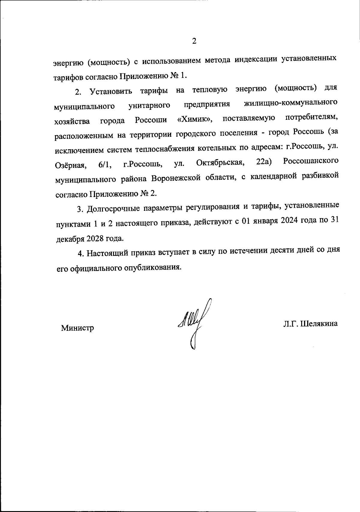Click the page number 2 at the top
(x=194, y=41)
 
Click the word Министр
(x=77, y=328)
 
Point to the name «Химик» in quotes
(x=194, y=120)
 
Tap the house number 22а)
(x=264, y=162)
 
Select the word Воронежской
(x=176, y=178)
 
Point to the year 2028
(x=96, y=238)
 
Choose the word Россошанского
(x=311, y=161)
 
